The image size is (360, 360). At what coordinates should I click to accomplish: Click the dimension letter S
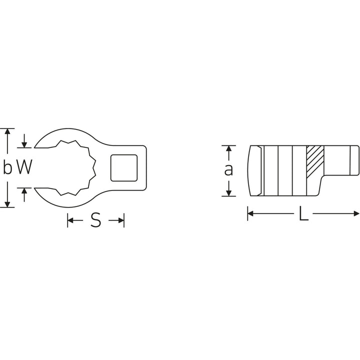pyautogui.click(x=96, y=220)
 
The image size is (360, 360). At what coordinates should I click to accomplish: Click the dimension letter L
pyautogui.click(x=303, y=214)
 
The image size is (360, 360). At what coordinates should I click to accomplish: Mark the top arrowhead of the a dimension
pyautogui.click(x=228, y=148)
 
